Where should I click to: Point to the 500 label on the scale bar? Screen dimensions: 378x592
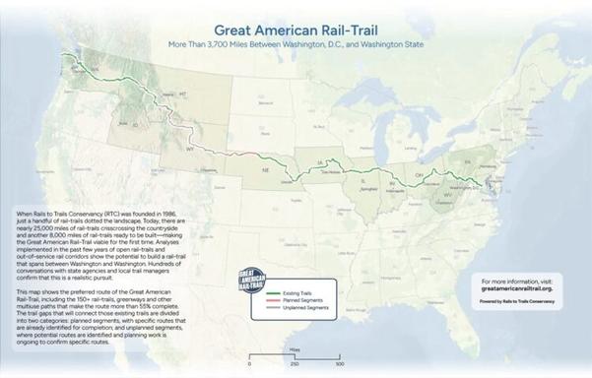pyautogui.click(x=340, y=364)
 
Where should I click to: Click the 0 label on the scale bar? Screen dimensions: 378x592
pyautogui.click(x=250, y=364)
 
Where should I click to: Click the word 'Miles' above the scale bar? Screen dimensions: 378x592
pyautogui.click(x=295, y=348)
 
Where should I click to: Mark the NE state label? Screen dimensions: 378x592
pyautogui.click(x=264, y=170)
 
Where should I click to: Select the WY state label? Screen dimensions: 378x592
pyautogui.click(x=189, y=150)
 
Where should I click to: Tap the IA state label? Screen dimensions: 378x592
pyautogui.click(x=320, y=160)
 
